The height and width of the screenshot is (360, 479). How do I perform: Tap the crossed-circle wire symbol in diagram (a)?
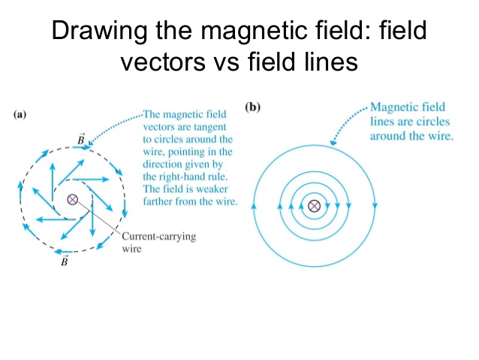coord(73,199)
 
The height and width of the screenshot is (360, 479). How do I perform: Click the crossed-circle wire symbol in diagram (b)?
coord(315,205)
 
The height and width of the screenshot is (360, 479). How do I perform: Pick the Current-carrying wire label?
coord(148,242)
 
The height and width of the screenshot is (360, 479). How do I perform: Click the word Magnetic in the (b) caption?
coord(395,108)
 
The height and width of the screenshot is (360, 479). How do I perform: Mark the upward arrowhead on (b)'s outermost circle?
coord(256,204)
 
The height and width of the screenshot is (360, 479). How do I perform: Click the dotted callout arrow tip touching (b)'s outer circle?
coord(333,142)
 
